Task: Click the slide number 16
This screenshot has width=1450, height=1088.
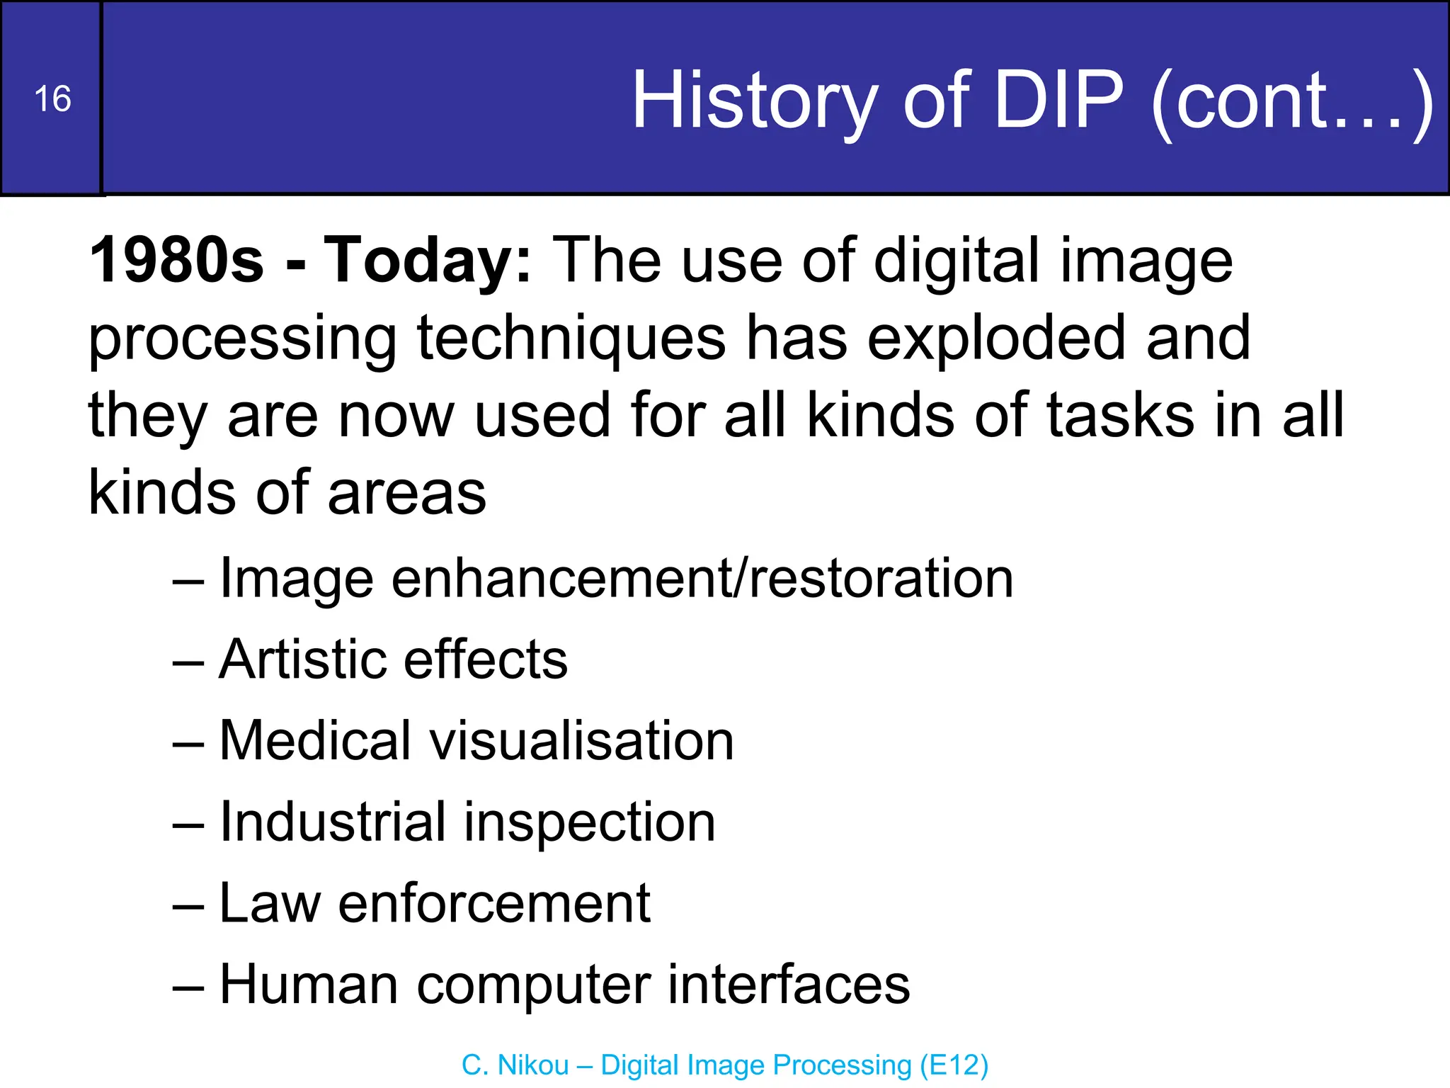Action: click(52, 99)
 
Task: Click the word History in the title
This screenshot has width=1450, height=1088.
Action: click(755, 101)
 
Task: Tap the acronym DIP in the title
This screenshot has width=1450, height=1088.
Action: click(1059, 101)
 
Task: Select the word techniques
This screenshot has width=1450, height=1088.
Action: click(571, 338)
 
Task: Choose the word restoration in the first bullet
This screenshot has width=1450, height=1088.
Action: click(881, 579)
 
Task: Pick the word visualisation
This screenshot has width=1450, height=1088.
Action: click(581, 741)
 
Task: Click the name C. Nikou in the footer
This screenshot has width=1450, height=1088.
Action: click(515, 1065)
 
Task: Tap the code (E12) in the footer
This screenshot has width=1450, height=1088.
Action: click(954, 1065)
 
